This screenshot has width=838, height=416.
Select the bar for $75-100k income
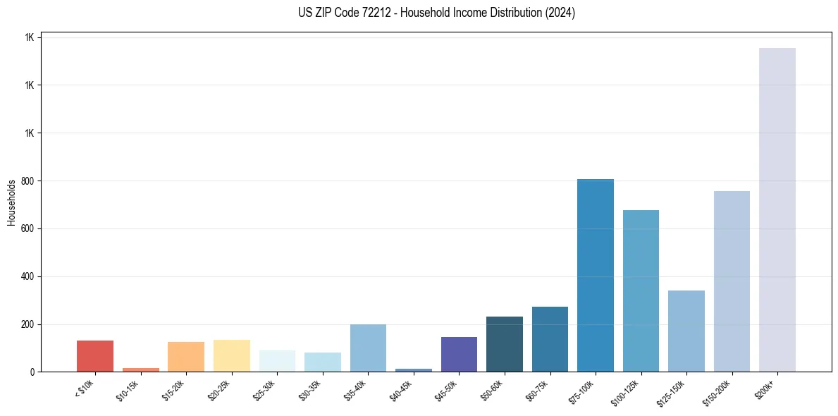pos(595,275)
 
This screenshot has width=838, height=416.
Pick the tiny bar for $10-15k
pos(140,369)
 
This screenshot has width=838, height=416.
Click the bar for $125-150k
pos(686,331)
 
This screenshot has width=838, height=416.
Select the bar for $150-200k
pos(732,281)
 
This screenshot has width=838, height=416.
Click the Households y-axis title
pos(11,202)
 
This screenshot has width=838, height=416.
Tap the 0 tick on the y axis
pos(32,372)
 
